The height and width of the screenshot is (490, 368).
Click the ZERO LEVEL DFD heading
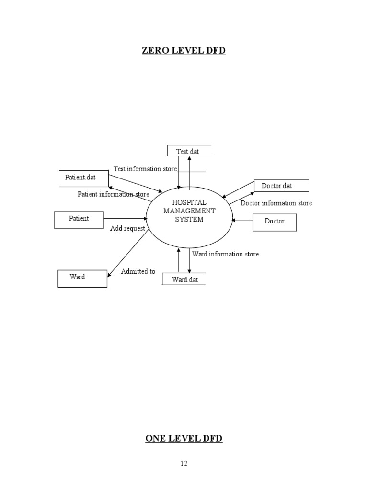click(184, 50)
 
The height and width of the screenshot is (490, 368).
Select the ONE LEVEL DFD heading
click(184, 438)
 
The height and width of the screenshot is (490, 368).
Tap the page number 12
click(184, 463)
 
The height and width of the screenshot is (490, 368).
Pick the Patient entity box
click(79, 219)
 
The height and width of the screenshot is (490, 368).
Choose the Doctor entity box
click(274, 222)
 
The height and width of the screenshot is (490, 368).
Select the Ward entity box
click(82, 278)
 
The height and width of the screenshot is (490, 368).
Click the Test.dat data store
click(188, 151)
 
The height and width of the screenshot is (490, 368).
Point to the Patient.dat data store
click(80, 178)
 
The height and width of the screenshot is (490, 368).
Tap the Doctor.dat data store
click(277, 186)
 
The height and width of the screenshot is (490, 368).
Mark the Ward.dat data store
click(185, 279)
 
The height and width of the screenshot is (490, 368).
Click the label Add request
click(127, 229)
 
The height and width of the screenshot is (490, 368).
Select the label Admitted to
click(138, 271)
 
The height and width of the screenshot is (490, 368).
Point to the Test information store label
click(145, 169)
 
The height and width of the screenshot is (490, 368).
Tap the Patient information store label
click(113, 194)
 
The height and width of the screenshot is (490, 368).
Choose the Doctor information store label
click(276, 203)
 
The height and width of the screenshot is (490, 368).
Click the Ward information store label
click(225, 254)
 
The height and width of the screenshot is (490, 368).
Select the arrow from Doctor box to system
click(241, 220)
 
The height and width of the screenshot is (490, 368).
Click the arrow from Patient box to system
click(126, 219)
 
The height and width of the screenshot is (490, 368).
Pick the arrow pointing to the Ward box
click(128, 253)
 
